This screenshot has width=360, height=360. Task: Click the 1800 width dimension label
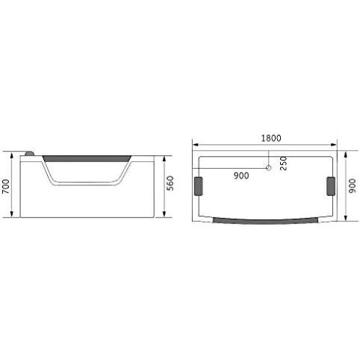[271, 138]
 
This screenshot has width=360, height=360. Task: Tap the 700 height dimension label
[6, 187]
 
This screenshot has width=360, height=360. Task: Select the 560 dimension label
[170, 183]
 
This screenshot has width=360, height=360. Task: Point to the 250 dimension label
[283, 164]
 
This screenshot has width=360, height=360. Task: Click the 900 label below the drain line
[241, 176]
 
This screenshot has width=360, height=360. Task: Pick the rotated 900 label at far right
[353, 186]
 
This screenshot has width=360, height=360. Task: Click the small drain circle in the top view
[268, 168]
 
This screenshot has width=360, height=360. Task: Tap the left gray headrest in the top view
[199, 186]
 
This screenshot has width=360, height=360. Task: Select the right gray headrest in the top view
[331, 186]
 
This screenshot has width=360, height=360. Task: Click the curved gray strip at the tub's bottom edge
[266, 221]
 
